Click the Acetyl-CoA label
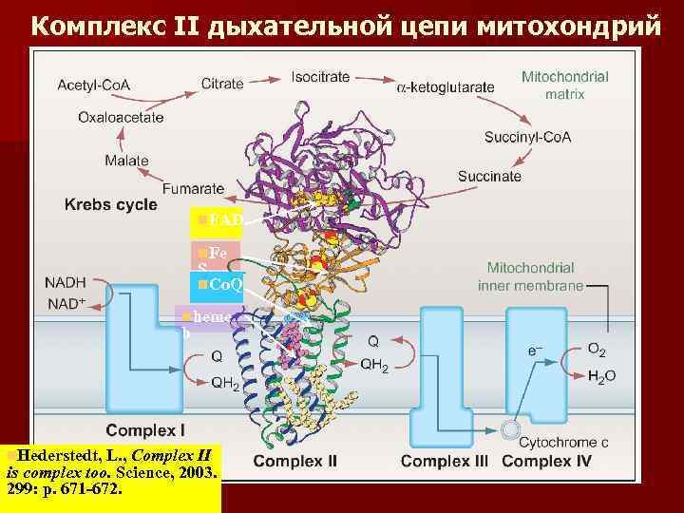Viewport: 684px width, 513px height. pos(93,85)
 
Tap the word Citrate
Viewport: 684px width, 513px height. pos(223,85)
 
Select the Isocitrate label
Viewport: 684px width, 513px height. pos(321,75)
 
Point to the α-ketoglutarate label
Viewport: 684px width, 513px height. pos(445,86)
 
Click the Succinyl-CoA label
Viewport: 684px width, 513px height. pos(527,137)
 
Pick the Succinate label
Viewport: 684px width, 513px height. pos(489,176)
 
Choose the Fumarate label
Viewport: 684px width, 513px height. pos(193,188)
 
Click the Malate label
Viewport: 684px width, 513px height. pos(126,161)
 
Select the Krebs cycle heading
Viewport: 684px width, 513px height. pos(111,205)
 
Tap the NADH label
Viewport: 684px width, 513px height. pos(66,282)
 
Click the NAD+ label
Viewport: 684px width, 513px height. pos(66,303)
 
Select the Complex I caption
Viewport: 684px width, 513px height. pos(145,429)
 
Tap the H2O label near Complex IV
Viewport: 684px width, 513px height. pos(602,376)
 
